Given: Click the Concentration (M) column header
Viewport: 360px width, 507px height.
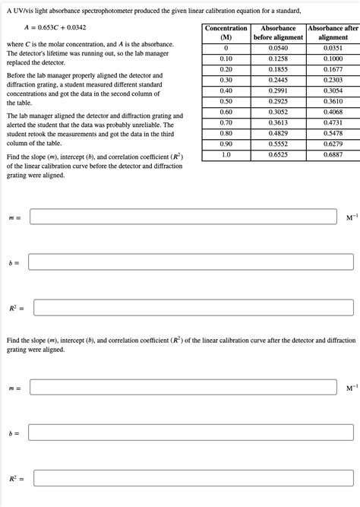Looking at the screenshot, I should tap(226, 33).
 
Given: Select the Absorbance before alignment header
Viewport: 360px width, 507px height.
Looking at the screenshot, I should tap(278, 33).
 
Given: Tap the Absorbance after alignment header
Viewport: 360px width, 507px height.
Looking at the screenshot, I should tap(333, 33).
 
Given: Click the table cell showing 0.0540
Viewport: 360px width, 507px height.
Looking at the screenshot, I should tap(278, 47).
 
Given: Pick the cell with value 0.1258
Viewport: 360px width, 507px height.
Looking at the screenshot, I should tap(278, 58).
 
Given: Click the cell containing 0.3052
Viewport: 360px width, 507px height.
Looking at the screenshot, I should tap(278, 111).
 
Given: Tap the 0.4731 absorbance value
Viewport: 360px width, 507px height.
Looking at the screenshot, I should tap(333, 122).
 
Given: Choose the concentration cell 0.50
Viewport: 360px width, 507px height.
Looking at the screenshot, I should tap(226, 100).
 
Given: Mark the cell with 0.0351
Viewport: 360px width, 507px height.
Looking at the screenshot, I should tap(333, 47).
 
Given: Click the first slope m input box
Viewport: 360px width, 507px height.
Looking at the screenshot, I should tap(183, 217).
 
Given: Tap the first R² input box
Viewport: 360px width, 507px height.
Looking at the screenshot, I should tap(193, 307).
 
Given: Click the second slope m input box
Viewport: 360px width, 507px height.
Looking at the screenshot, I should tap(183, 388).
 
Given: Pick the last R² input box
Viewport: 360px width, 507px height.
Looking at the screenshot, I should tap(193, 478).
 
